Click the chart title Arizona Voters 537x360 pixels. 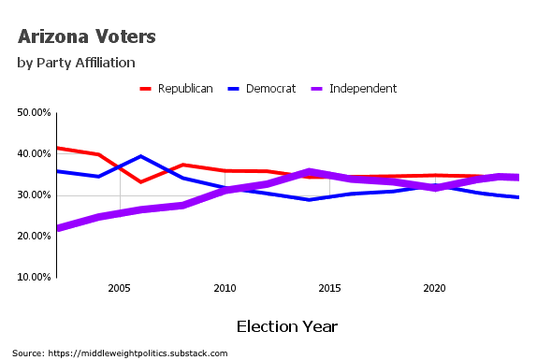(x=86, y=37)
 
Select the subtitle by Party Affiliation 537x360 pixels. (x=77, y=63)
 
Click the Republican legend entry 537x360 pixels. (x=185, y=89)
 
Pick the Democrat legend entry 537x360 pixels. (x=270, y=89)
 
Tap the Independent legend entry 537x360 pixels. (x=363, y=89)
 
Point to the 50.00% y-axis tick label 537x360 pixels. (x=35, y=113)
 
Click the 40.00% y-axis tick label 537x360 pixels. (x=35, y=154)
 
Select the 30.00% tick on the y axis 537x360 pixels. (x=35, y=195)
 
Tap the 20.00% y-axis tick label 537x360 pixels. (x=35, y=237)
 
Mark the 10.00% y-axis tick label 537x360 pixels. (x=35, y=278)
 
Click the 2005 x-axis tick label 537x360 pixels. (x=119, y=289)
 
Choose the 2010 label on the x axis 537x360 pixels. (x=224, y=289)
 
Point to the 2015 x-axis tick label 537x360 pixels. (x=328, y=289)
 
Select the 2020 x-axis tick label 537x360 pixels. (x=433, y=289)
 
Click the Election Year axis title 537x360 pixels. (x=286, y=326)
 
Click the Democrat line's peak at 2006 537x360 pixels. (x=140, y=156)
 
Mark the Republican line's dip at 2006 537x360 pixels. (x=140, y=181)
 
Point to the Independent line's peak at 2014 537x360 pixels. (x=308, y=171)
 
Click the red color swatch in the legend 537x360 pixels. (x=146, y=89)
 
